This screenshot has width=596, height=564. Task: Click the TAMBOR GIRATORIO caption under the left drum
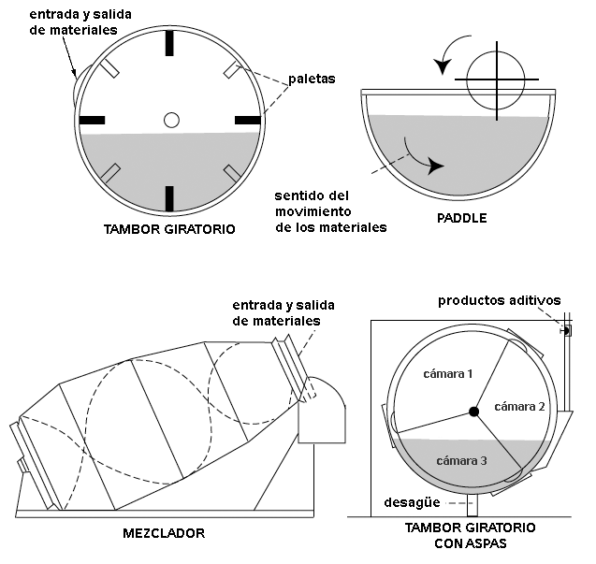(x=169, y=227)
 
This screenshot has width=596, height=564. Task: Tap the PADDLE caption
(x=462, y=219)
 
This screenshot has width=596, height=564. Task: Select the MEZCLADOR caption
(x=164, y=534)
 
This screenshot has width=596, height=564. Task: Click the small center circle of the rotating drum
(x=170, y=120)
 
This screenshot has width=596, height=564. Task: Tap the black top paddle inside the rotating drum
(x=169, y=44)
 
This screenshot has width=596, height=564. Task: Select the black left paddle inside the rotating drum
(x=93, y=120)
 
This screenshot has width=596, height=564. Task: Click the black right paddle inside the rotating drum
(x=247, y=120)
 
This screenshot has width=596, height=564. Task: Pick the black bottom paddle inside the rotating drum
(x=169, y=197)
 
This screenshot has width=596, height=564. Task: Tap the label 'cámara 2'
(x=519, y=406)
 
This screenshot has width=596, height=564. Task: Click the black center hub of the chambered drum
(x=474, y=412)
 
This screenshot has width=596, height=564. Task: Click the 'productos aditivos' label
(x=500, y=300)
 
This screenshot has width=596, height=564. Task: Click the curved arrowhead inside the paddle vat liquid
(x=436, y=166)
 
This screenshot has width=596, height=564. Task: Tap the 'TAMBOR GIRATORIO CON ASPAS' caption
(x=470, y=535)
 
